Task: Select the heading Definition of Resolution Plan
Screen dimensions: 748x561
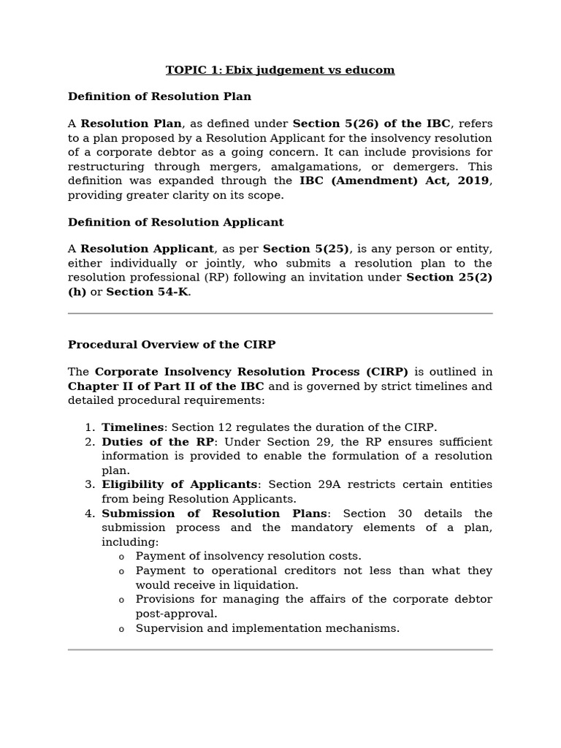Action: [159, 96]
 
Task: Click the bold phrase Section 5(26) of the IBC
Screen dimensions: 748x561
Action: [371, 124]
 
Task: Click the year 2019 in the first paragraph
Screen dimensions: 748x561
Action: [473, 180]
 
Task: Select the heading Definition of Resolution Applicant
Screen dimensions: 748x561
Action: [175, 222]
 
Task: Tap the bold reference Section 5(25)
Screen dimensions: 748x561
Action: [305, 249]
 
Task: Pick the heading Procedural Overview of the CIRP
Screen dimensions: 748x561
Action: [172, 345]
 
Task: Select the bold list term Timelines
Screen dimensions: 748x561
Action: [133, 427]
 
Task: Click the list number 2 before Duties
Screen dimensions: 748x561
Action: [89, 442]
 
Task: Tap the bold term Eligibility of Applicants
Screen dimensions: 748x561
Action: [179, 484]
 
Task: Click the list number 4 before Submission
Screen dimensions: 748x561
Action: [89, 514]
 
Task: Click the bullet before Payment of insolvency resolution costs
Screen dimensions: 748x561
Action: [121, 557]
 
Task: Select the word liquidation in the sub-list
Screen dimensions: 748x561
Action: [264, 585]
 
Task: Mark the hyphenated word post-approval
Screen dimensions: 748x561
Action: [175, 614]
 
